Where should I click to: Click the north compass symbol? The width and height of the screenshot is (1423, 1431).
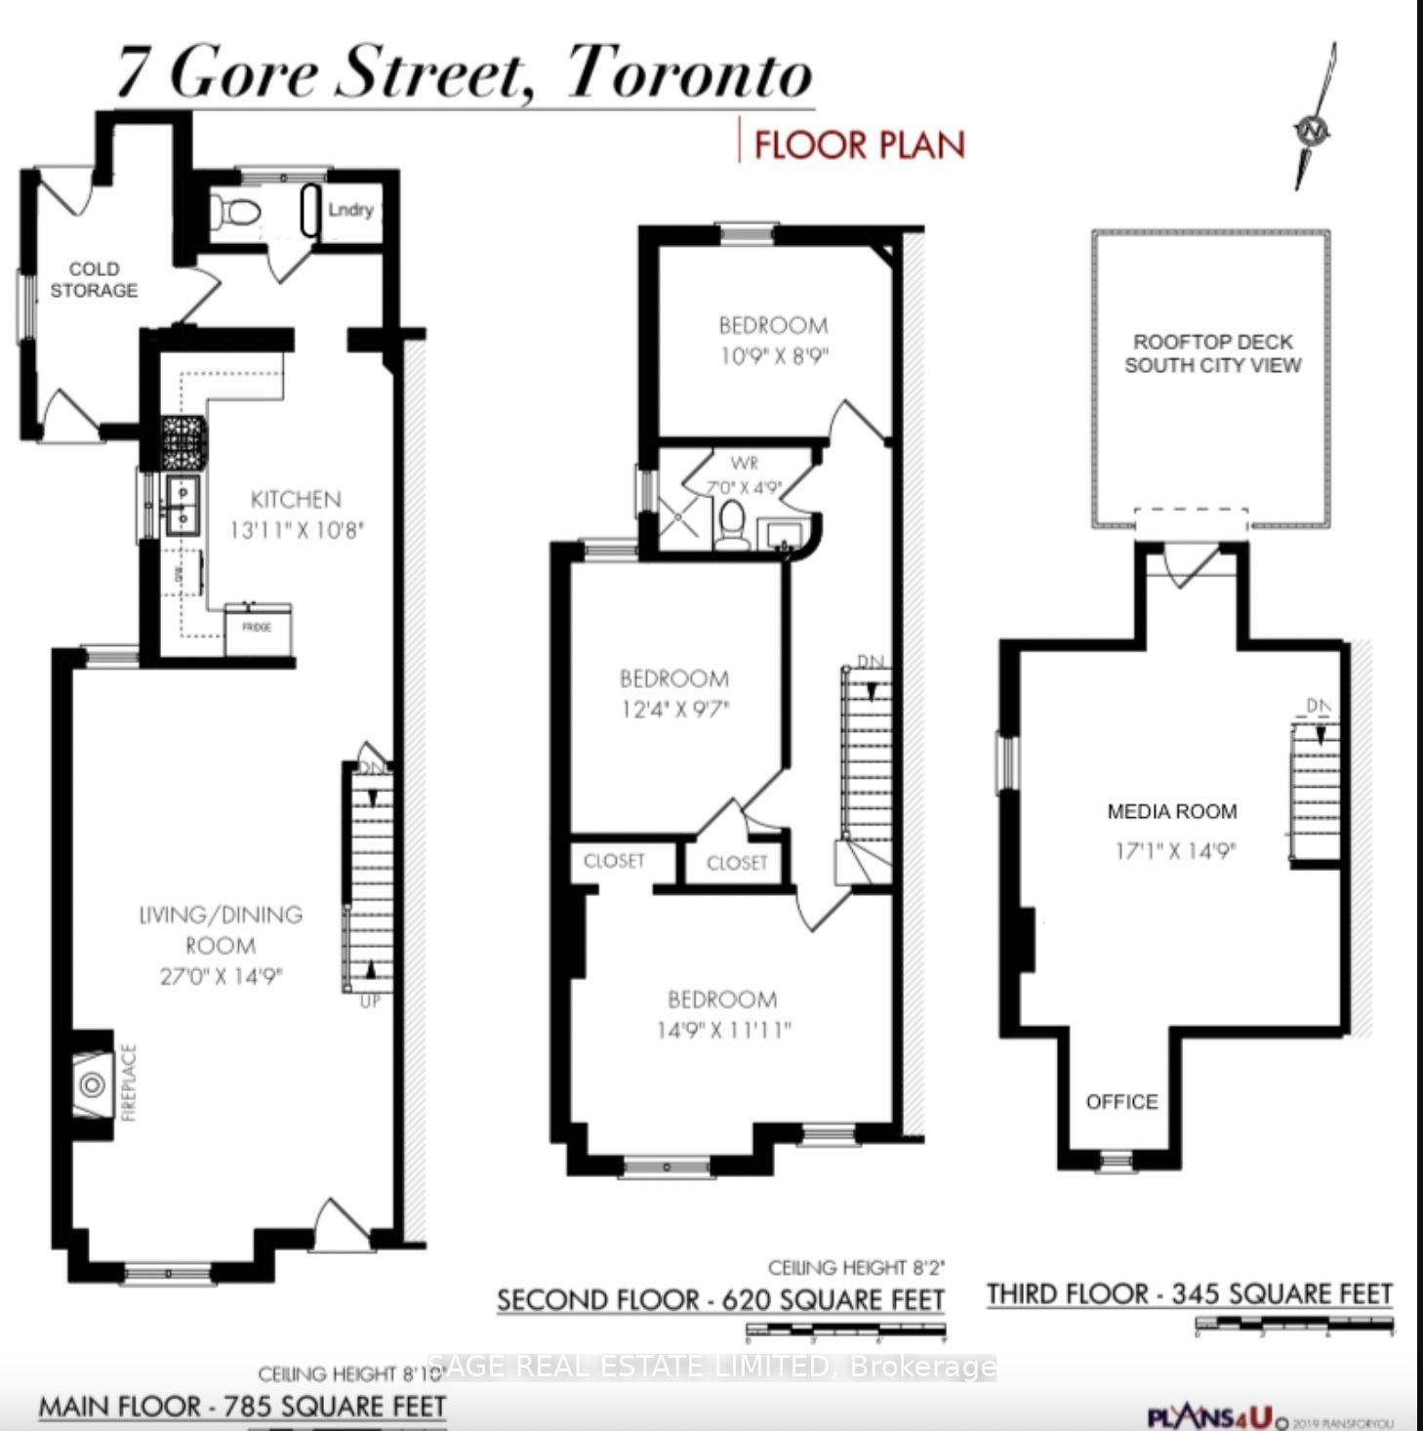1314,128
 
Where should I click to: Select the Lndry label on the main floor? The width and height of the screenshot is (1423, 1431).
350,210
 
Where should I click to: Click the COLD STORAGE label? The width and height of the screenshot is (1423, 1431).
94,279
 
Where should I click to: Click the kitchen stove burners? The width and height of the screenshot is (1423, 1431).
184,443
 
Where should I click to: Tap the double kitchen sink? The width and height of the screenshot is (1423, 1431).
183,506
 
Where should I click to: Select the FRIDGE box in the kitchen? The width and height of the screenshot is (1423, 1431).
258,628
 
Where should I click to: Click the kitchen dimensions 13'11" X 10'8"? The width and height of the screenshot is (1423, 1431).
297,530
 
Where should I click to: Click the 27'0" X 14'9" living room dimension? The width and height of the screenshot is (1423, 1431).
221,976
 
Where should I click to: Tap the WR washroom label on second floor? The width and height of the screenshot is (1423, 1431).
744,464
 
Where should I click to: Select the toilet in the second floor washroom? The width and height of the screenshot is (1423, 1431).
730,523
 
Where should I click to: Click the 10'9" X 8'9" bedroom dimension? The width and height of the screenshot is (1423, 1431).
773,356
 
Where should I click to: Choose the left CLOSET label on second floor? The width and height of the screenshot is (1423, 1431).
614,861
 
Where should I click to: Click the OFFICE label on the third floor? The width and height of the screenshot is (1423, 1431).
1121,1102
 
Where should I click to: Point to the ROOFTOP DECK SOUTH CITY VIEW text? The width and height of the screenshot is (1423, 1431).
1212,353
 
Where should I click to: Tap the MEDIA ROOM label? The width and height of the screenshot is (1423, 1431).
1172,811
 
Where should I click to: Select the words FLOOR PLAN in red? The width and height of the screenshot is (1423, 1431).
859,144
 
